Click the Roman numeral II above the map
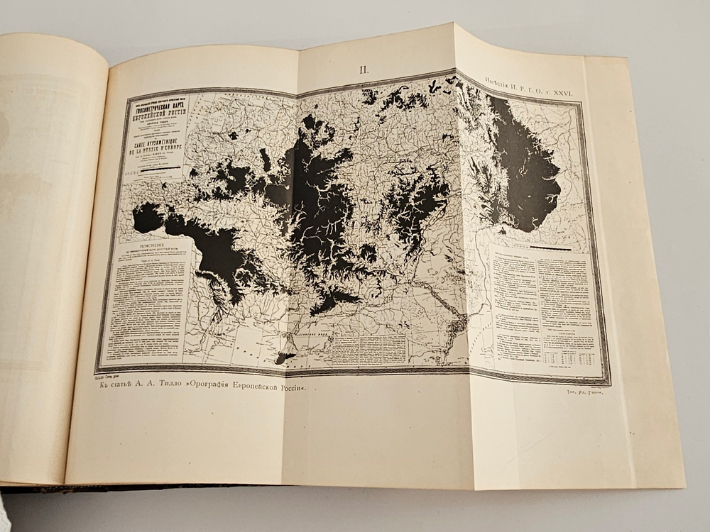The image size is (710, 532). point(364,70)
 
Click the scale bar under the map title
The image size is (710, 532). point(157,170)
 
